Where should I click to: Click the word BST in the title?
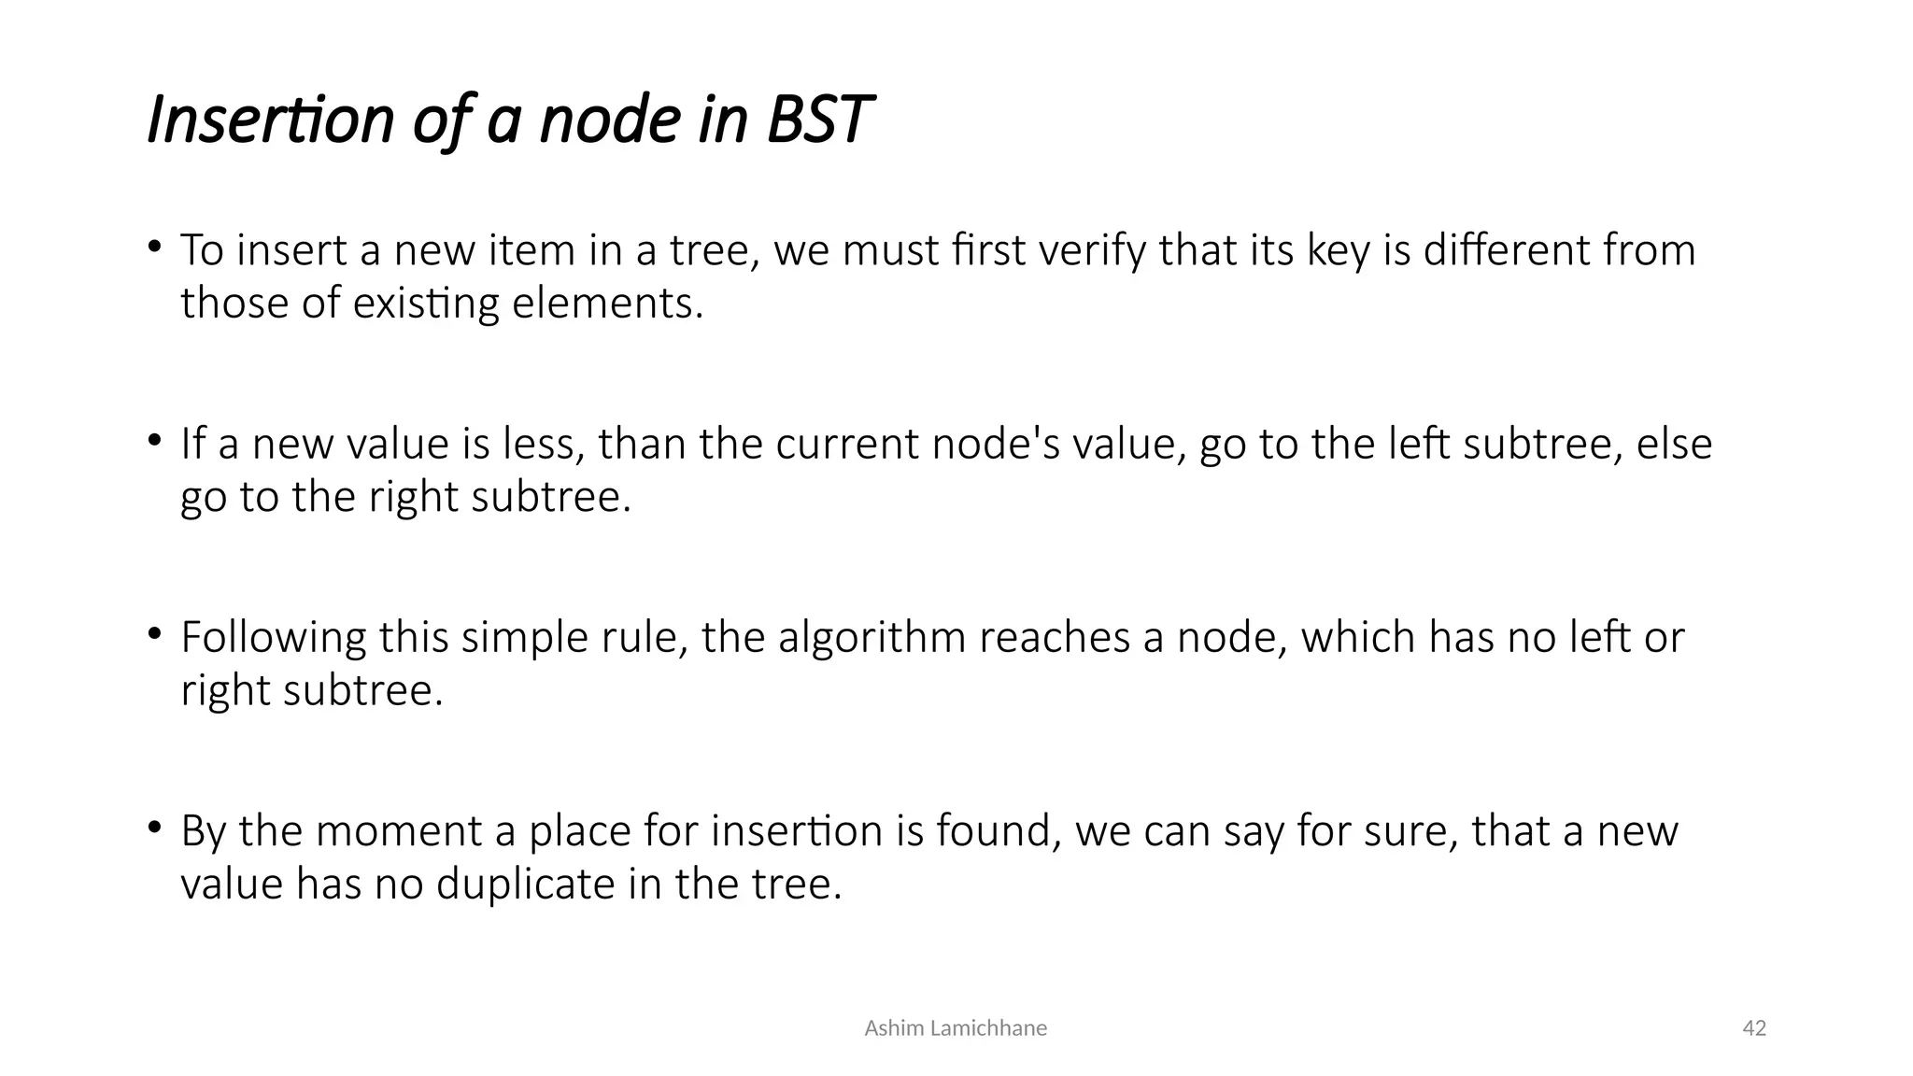pos(819,120)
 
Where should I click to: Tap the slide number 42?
pos(1754,1028)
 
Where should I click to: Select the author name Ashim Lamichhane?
pos(956,1028)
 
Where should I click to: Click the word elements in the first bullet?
pos(606,304)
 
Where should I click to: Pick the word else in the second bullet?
pos(1674,444)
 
